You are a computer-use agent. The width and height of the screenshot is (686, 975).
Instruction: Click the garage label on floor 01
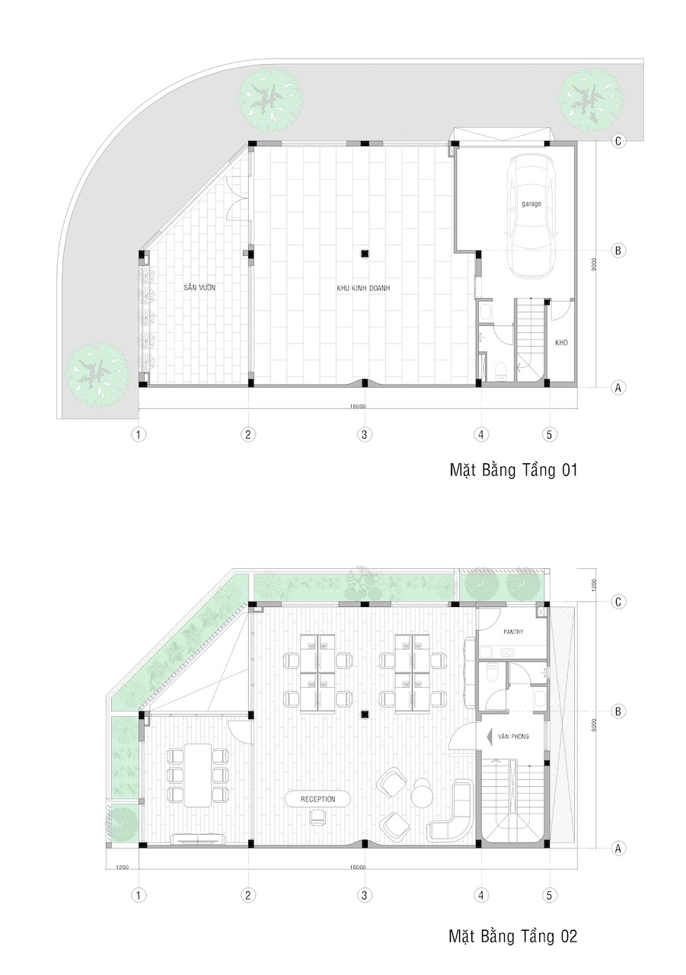531,203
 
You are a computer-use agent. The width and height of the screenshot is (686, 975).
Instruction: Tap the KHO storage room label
561,343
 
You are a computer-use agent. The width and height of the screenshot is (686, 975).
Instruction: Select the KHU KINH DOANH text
363,288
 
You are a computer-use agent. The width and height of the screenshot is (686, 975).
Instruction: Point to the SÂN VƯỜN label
199,287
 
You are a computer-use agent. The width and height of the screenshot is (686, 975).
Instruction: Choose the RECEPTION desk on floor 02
318,799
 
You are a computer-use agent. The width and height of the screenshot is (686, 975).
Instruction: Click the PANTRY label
513,631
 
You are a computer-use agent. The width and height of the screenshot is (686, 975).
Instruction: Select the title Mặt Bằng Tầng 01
513,471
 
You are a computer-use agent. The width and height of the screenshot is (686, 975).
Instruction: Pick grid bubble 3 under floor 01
365,434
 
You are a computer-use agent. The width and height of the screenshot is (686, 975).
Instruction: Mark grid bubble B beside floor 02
618,711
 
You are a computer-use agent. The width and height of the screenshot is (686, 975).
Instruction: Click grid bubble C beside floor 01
618,141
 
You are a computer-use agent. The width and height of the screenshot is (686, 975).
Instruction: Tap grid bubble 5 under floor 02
550,895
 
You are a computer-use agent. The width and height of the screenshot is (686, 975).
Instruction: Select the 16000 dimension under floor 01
358,407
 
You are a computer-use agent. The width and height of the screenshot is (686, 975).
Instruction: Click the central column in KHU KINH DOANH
365,254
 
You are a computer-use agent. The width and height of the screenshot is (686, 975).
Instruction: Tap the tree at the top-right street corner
590,99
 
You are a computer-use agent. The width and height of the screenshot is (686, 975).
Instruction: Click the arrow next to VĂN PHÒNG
489,737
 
